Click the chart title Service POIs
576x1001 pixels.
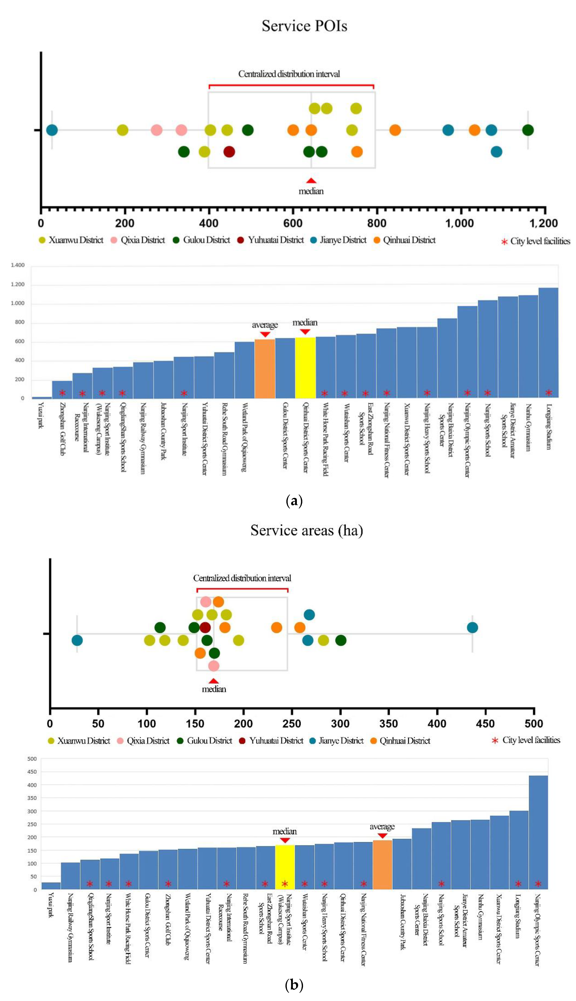coord(304,26)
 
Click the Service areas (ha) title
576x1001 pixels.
coord(307,530)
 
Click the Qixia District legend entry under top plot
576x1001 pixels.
coord(142,240)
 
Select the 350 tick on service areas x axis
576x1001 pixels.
coord(388,724)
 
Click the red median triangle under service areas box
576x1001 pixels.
coord(214,681)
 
